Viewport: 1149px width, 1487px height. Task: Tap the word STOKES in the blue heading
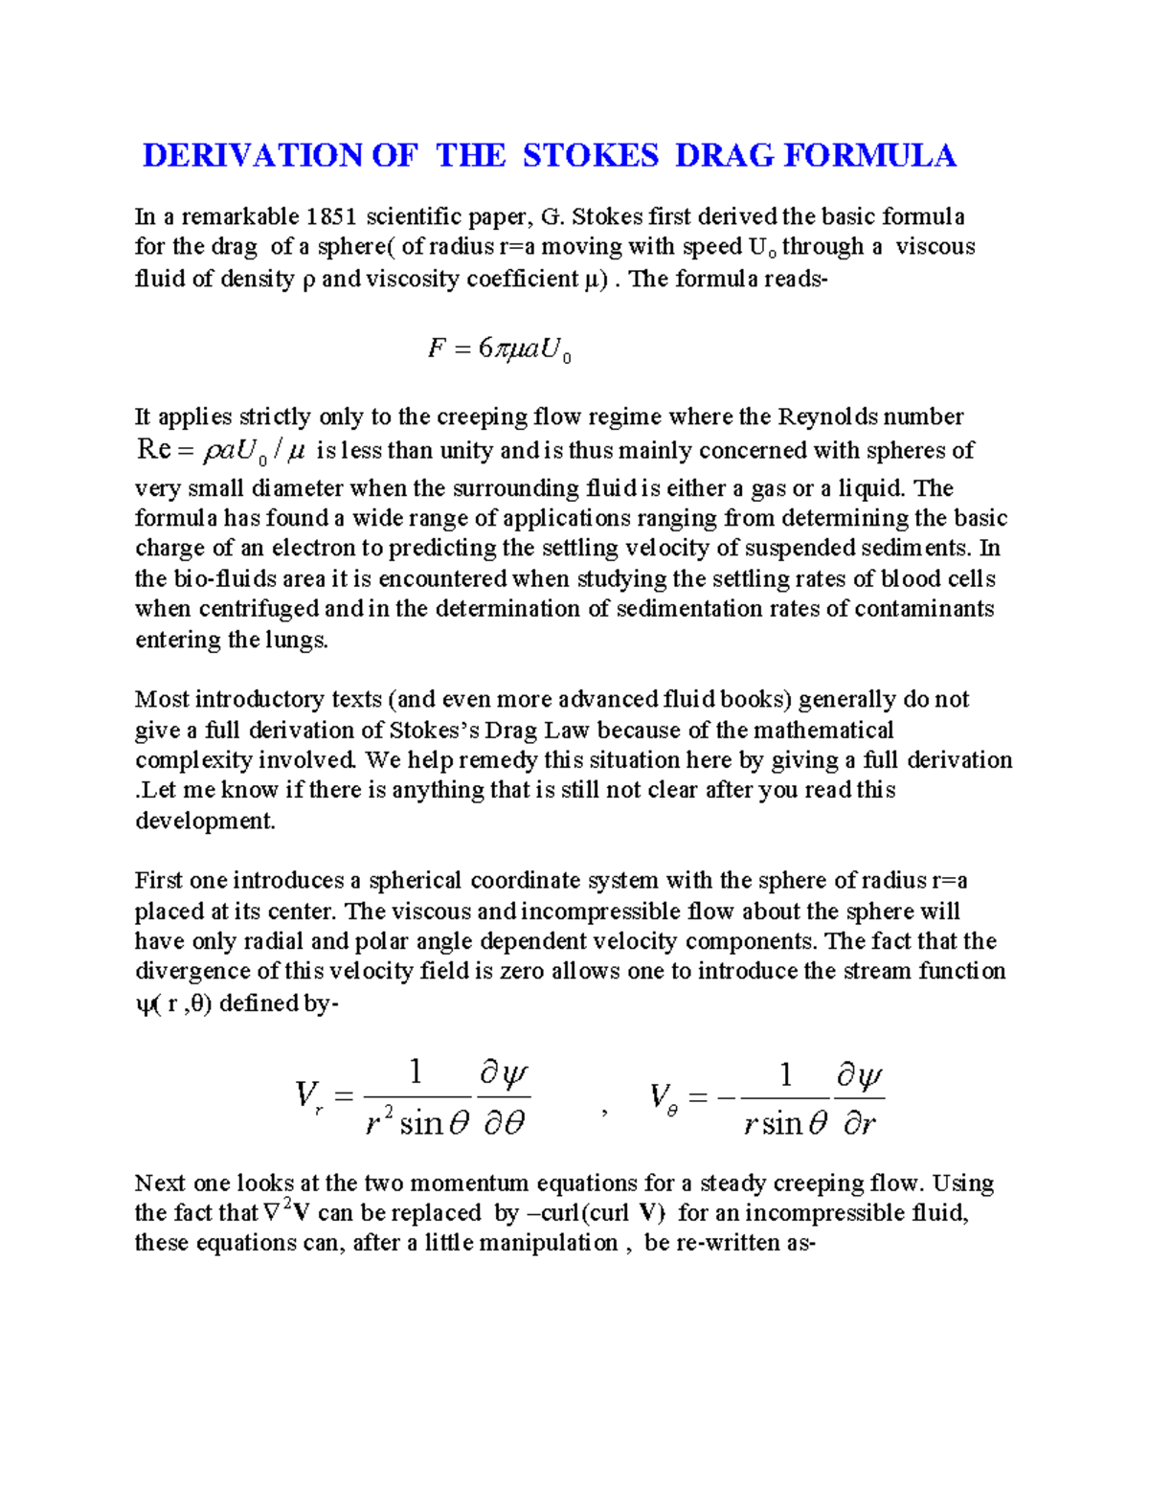tap(590, 155)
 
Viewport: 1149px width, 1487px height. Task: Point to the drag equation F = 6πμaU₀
tap(499, 350)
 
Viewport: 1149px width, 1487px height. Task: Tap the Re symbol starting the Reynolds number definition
tap(153, 450)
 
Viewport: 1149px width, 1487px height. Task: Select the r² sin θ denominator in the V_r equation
tap(417, 1122)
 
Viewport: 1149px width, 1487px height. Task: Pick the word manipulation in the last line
tap(548, 1243)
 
